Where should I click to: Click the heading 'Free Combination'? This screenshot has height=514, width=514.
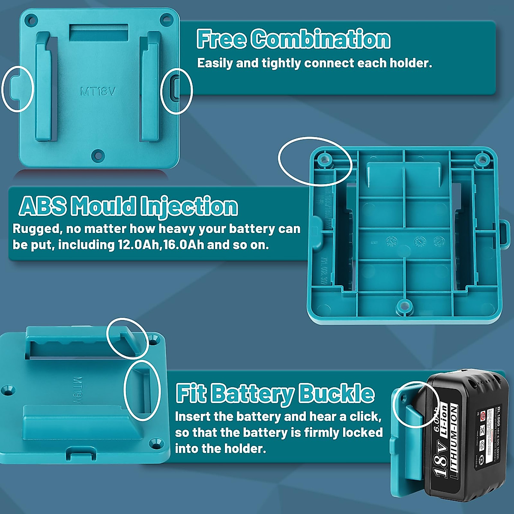(293, 39)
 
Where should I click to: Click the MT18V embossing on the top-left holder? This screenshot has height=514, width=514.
(98, 91)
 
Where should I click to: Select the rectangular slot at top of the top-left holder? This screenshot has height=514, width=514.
(99, 33)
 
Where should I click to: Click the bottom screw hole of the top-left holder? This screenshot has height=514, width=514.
(98, 154)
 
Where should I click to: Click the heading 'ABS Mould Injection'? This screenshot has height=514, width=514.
(128, 206)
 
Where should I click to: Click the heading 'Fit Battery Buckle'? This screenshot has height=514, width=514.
(275, 394)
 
